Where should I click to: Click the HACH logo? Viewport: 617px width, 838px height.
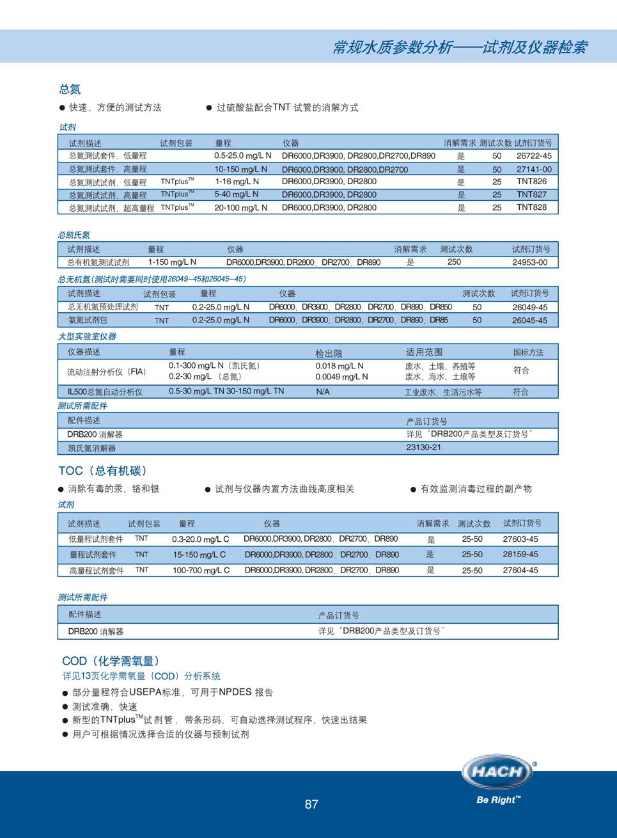497,771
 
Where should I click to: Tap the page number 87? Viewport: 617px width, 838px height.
311,804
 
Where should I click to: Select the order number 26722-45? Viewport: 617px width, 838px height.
534,155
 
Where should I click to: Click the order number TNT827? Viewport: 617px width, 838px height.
531,194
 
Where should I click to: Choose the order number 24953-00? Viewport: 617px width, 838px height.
529,262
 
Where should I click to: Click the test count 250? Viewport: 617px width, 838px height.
454,262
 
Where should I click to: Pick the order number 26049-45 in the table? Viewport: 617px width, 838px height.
529,307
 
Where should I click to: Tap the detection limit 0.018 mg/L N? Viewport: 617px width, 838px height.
339,366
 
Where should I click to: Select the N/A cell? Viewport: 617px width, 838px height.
323,391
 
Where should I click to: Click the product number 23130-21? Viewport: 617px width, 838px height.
423,448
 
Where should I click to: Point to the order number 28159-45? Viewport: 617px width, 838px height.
520,555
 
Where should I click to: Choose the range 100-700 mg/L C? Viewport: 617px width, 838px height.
201,570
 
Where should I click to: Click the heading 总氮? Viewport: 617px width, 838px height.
70,89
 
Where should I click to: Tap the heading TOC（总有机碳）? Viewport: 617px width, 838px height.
103,471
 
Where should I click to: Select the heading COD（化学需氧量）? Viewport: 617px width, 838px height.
111,661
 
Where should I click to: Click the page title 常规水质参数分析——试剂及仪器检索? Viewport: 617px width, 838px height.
459,47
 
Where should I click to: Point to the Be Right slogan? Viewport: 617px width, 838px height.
498,800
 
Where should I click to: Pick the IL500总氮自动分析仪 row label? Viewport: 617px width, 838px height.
105,391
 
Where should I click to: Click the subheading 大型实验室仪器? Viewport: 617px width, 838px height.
87,336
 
